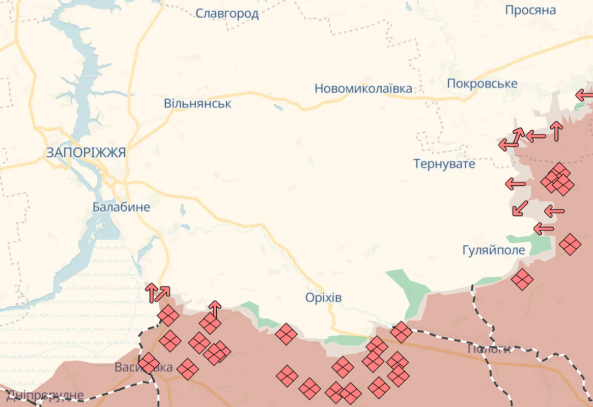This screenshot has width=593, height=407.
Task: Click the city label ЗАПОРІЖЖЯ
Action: pyautogui.click(x=86, y=152)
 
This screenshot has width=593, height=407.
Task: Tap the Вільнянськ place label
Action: pyautogui.click(x=197, y=103)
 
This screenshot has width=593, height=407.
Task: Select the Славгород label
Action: pyautogui.click(x=228, y=13)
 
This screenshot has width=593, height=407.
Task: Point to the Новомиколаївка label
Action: pyautogui.click(x=363, y=89)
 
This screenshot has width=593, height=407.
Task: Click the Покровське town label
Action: pyautogui.click(x=482, y=83)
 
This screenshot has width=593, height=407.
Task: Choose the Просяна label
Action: pyautogui.click(x=530, y=10)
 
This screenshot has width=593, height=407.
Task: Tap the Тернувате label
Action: pyautogui.click(x=444, y=164)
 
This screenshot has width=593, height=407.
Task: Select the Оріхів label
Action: pyautogui.click(x=323, y=298)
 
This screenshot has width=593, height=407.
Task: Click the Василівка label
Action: pyautogui.click(x=144, y=367)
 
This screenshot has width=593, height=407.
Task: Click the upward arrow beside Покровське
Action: pyautogui.click(x=556, y=131)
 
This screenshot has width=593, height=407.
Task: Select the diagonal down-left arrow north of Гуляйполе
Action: pyautogui.click(x=520, y=208)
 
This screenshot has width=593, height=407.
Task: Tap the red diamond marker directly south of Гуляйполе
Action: pyautogui.click(x=522, y=279)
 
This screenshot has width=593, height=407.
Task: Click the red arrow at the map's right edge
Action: pyautogui.click(x=583, y=95)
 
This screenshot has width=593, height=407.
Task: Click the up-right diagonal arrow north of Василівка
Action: pyautogui.click(x=163, y=293)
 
